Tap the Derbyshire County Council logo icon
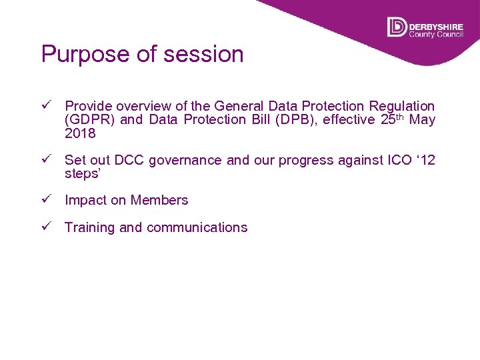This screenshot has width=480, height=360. click(396, 27)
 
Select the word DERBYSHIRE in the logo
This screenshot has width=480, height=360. click(435, 23)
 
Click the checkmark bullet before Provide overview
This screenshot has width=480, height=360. click(46, 105)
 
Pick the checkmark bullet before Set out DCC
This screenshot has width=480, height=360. click(46, 159)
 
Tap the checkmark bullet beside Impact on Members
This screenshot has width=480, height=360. click(46, 199)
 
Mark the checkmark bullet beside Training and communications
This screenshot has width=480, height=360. click(46, 227)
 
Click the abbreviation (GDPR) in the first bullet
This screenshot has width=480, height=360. click(90, 120)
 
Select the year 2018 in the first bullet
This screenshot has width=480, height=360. click(80, 133)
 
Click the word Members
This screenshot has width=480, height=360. click(159, 200)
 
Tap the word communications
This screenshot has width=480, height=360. click(197, 227)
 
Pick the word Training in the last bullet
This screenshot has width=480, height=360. click(90, 227)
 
